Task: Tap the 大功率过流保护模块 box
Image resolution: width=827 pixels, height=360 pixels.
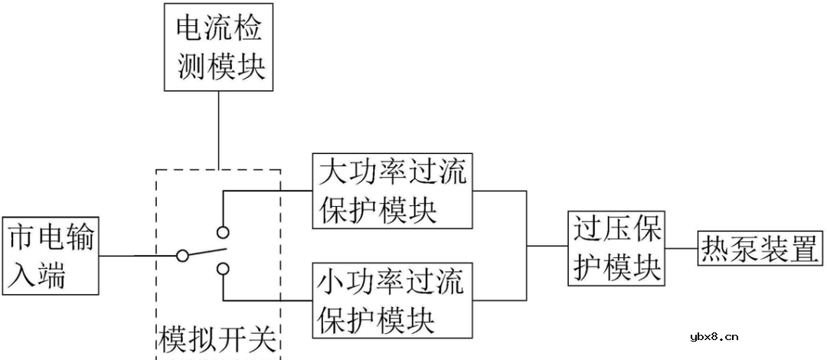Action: pyautogui.click(x=392, y=191)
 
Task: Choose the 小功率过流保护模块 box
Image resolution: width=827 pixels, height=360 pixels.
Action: pyautogui.click(x=392, y=299)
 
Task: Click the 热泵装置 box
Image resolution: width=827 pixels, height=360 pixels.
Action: pyautogui.click(x=759, y=248)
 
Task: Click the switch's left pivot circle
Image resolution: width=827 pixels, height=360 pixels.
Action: pyautogui.click(x=182, y=256)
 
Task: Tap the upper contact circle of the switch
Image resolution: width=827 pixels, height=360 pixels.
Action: pyautogui.click(x=223, y=232)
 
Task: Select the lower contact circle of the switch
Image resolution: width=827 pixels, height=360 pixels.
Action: pyautogui.click(x=223, y=267)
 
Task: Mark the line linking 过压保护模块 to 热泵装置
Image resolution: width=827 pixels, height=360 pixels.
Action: pyautogui.click(x=680, y=248)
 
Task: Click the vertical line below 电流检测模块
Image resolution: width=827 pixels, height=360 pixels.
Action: pyautogui.click(x=219, y=130)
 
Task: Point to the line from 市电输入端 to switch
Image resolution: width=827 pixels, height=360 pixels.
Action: pyautogui.click(x=138, y=256)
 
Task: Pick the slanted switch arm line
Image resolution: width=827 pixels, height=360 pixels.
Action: pyautogui.click(x=205, y=251)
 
